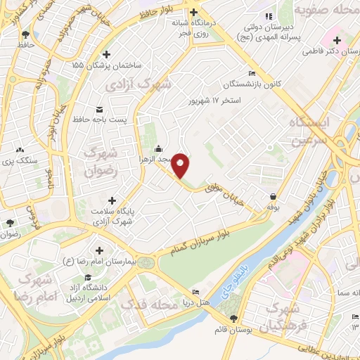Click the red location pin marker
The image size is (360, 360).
coord(181,165)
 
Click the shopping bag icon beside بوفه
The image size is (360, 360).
coord(272,196)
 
